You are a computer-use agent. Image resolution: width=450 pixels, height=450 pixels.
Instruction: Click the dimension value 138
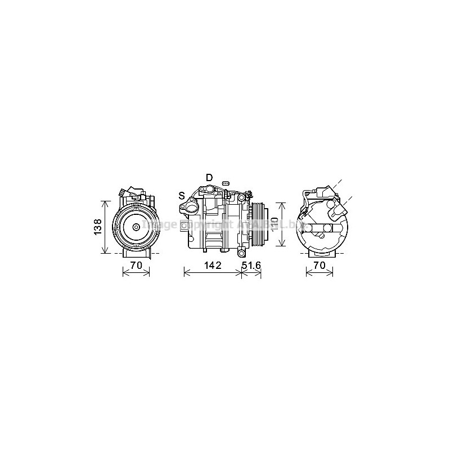(x=97, y=227)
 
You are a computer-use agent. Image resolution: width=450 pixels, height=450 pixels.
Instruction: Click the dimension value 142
(x=213, y=264)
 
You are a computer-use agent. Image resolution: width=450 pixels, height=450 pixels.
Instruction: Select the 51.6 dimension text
(x=251, y=264)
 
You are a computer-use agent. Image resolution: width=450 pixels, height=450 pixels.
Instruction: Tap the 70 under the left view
(x=136, y=264)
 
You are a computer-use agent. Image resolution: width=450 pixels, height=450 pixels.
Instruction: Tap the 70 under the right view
(x=319, y=264)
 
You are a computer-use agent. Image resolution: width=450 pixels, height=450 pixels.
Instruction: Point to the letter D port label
(x=209, y=178)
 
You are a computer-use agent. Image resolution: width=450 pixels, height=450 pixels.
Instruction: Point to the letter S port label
(x=182, y=196)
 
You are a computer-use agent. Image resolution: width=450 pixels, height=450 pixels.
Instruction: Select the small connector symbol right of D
(x=226, y=183)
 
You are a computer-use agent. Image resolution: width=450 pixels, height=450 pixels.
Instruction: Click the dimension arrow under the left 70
(x=136, y=274)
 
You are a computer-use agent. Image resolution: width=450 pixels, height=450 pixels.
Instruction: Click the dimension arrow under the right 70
(x=319, y=274)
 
